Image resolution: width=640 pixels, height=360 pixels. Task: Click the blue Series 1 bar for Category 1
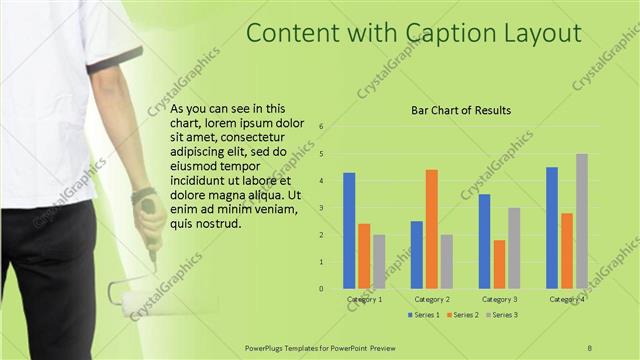click(x=349, y=231)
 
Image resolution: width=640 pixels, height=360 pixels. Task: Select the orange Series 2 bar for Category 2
click(x=431, y=229)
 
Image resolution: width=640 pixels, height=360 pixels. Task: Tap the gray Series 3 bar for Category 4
click(x=581, y=221)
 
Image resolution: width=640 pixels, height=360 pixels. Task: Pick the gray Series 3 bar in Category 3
click(x=514, y=248)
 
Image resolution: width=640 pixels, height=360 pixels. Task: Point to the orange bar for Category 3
click(x=499, y=264)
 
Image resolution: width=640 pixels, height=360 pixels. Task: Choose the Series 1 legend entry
click(x=424, y=315)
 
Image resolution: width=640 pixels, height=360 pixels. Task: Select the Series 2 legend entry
click(x=463, y=315)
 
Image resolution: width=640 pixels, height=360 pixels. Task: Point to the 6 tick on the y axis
click(x=321, y=127)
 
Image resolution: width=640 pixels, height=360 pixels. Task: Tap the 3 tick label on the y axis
click(x=321, y=208)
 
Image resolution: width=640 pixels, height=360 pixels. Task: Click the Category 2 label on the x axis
click(x=432, y=299)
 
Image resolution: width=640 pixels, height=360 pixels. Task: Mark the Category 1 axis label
click(x=364, y=299)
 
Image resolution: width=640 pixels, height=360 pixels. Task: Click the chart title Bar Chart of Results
click(x=461, y=110)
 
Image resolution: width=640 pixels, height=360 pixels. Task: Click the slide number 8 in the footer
click(x=590, y=346)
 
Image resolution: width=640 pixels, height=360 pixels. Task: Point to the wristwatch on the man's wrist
click(x=143, y=194)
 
